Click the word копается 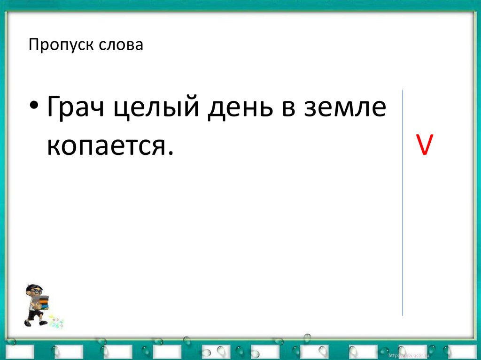tap(105, 146)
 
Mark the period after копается tap(164, 153)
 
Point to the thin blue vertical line tap(403, 202)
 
